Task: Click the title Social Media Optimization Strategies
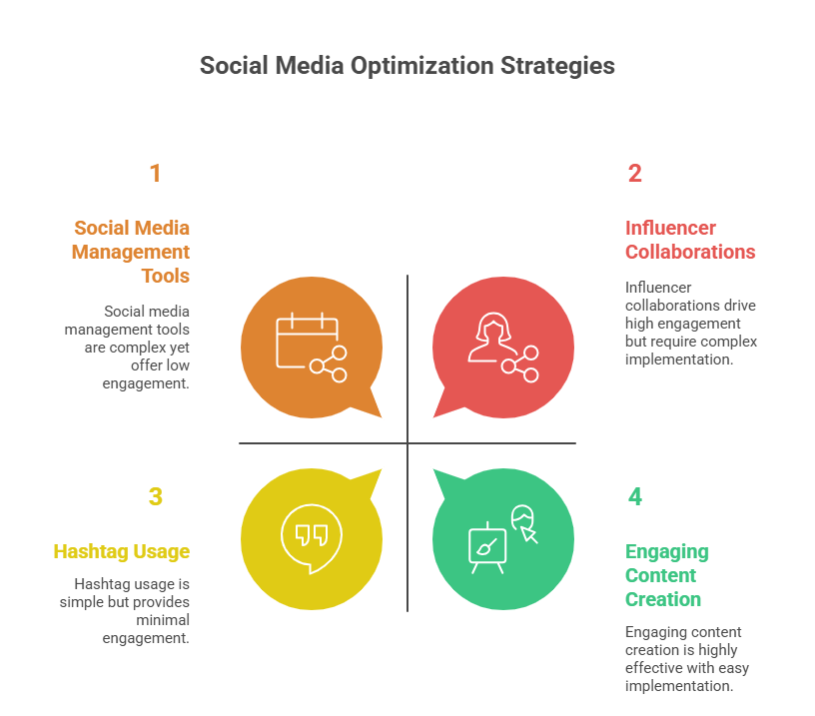(x=407, y=66)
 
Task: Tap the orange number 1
(x=155, y=174)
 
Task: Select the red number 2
(x=634, y=174)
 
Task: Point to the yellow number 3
(x=155, y=496)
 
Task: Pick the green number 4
(x=635, y=496)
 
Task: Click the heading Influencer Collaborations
(x=689, y=240)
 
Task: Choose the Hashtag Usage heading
(x=121, y=551)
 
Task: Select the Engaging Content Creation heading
(x=666, y=575)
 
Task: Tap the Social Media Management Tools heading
(x=131, y=252)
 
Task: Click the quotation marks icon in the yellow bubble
(x=312, y=535)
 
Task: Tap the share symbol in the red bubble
(x=521, y=365)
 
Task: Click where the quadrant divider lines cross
(x=407, y=443)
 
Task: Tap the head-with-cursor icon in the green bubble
(x=525, y=523)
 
